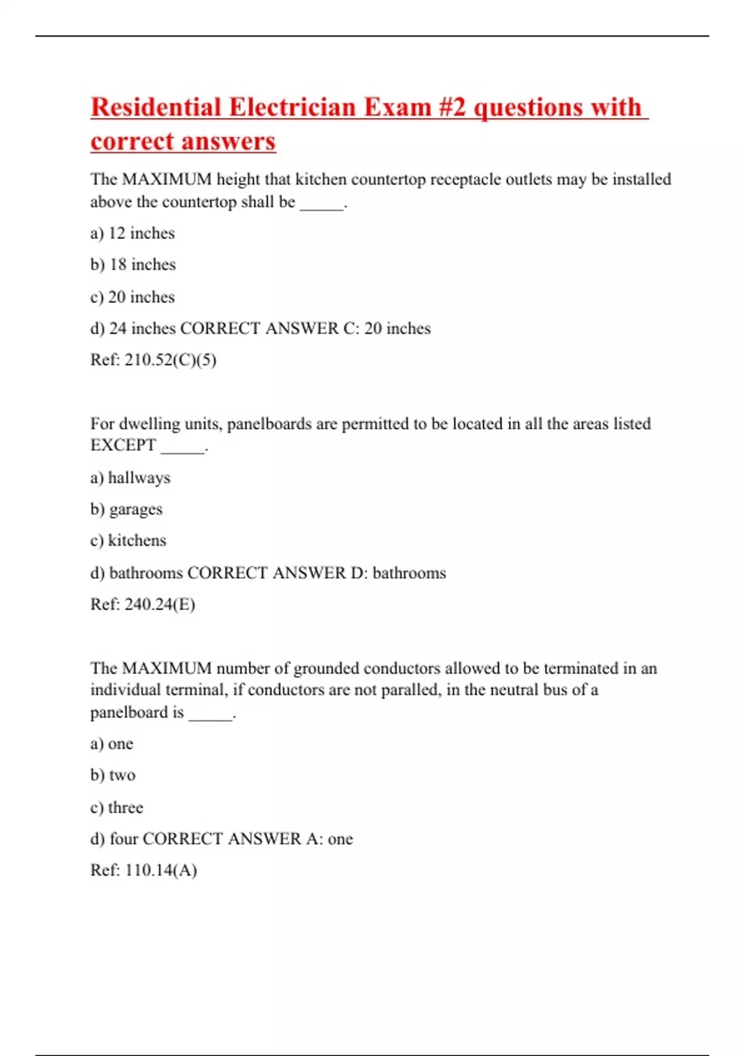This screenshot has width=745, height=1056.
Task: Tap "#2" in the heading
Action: point(452,107)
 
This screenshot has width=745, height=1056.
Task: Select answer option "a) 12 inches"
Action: point(132,234)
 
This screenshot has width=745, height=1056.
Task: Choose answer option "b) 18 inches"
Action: point(133,265)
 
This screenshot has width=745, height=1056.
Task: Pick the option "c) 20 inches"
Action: point(132,297)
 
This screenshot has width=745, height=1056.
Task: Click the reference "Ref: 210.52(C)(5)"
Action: point(153,360)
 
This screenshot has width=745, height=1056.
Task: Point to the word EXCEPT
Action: point(123,445)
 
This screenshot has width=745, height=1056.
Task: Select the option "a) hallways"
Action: point(130,478)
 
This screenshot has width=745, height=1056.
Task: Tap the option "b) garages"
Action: point(126,509)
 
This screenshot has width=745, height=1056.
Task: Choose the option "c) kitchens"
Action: point(128,540)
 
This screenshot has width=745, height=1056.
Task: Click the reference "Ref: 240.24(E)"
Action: point(143,604)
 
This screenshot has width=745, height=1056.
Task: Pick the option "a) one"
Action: point(112,744)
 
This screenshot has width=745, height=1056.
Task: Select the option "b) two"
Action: point(113,775)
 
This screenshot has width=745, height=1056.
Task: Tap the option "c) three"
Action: point(117,808)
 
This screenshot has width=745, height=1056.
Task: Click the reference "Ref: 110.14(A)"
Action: point(143,870)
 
